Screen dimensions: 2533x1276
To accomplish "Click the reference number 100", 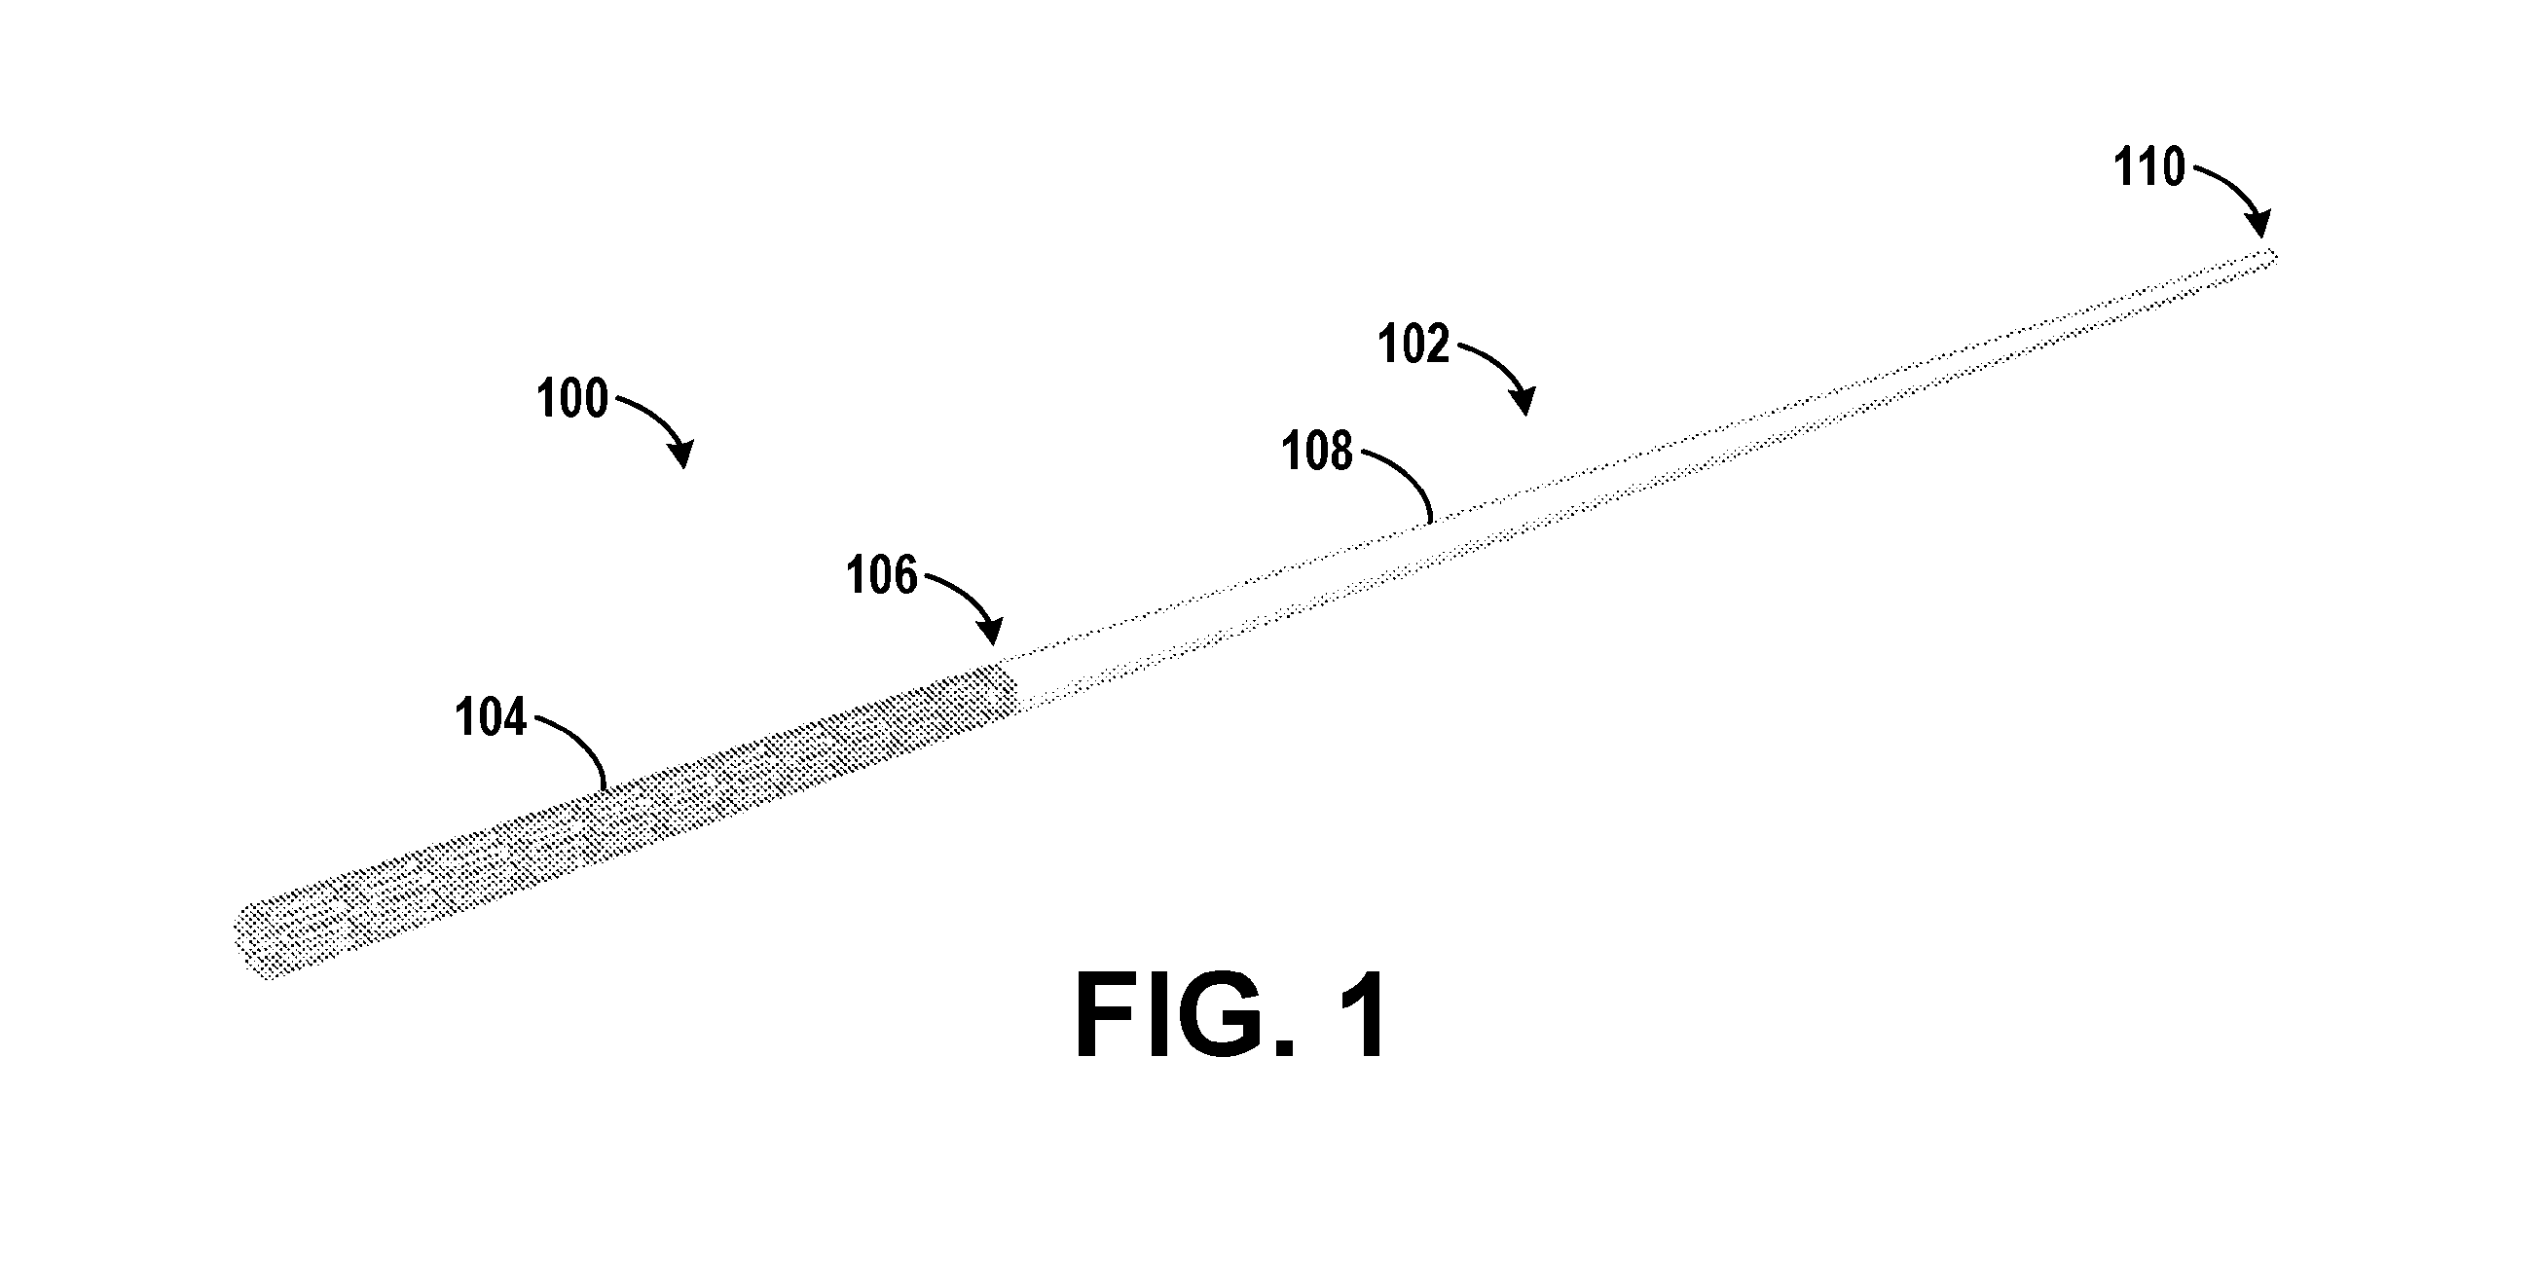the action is (572, 400).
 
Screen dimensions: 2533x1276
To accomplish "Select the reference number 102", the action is (1414, 346).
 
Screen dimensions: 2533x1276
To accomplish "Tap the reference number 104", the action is (490, 717).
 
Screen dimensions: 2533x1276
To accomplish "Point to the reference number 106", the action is (881, 575).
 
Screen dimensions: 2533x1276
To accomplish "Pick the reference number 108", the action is (1317, 453).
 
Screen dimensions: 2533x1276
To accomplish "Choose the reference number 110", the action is (2149, 167).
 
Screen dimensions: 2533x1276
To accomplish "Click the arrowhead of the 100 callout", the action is (681, 455).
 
